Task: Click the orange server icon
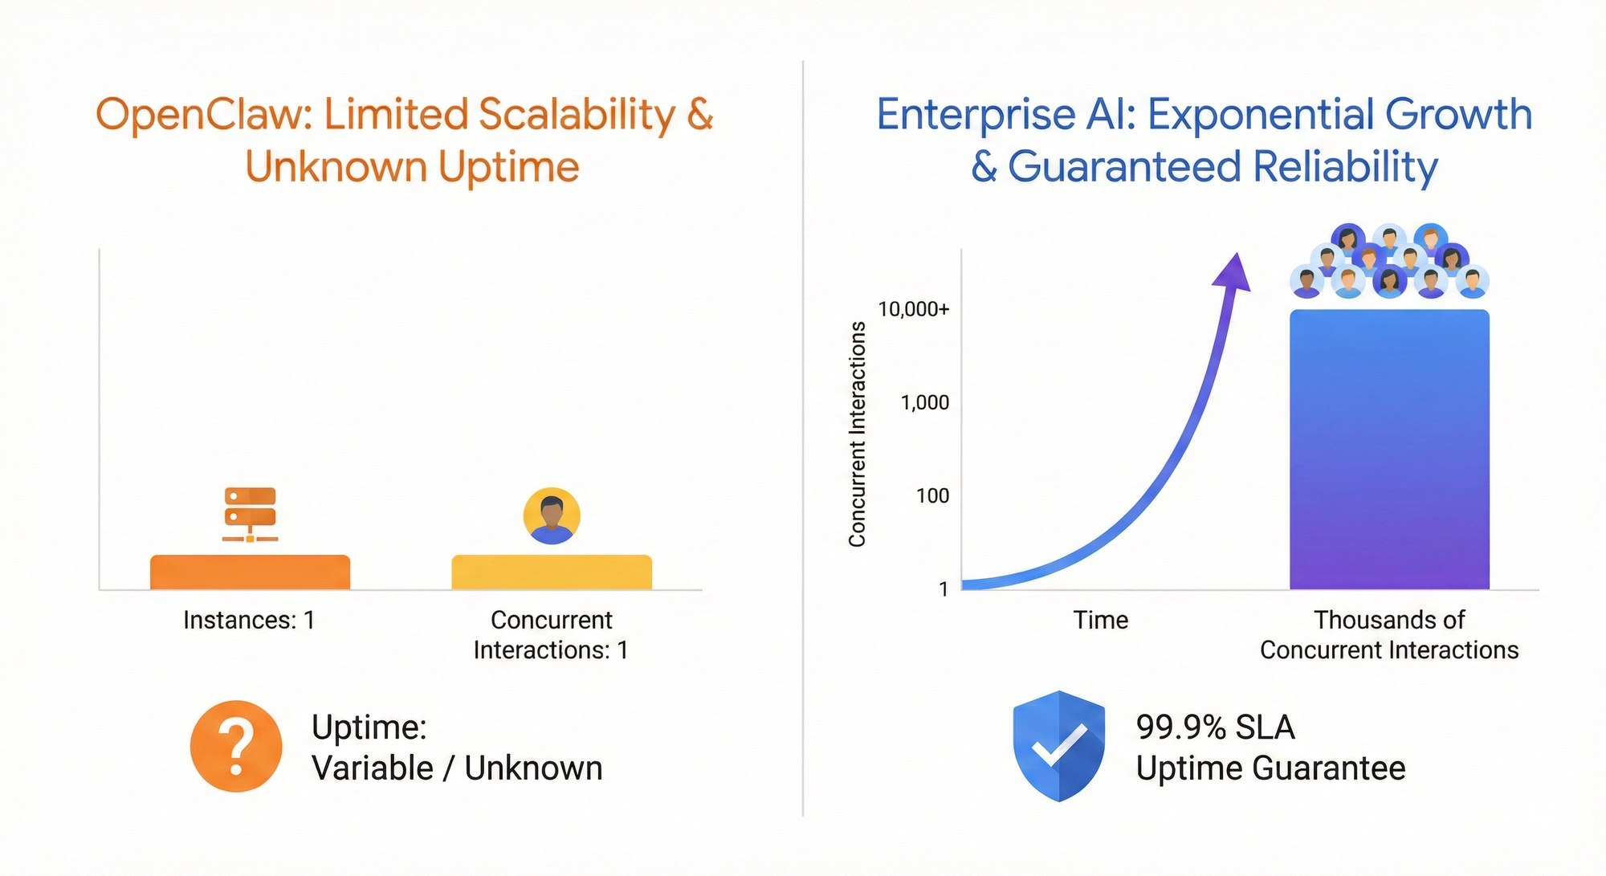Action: coord(250,515)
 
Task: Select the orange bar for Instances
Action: coord(250,572)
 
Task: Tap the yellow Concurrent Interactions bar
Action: coord(552,572)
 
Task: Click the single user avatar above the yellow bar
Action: coord(552,515)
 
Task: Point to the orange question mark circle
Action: coord(236,746)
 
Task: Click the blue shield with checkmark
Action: coord(1058,746)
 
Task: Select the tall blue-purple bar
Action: coord(1389,450)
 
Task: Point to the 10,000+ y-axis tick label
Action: coord(914,309)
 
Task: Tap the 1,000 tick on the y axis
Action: coord(925,402)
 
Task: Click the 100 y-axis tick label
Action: coord(933,495)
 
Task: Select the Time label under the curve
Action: coord(1101,620)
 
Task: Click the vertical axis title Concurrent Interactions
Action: coord(858,434)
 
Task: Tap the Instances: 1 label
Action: coord(249,620)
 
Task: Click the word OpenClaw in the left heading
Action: coord(205,115)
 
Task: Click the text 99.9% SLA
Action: coord(1216,727)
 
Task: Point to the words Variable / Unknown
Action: coord(457,768)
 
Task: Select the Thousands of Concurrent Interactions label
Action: coord(1389,634)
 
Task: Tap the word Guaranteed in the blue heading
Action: coord(1125,167)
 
